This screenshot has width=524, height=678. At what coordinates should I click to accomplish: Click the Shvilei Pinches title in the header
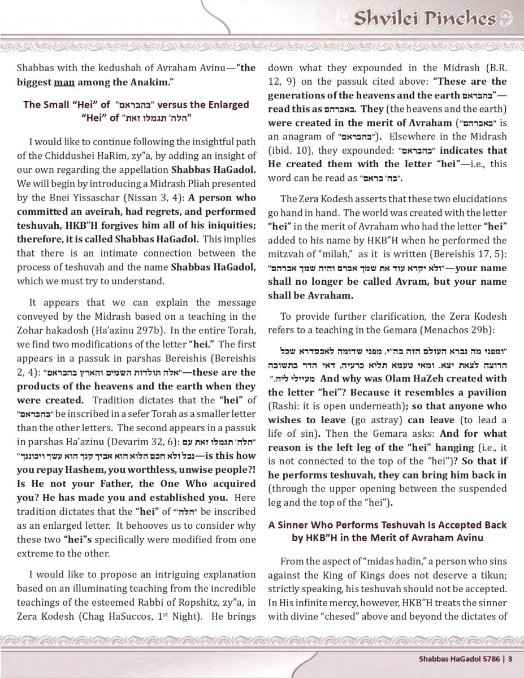click(424, 19)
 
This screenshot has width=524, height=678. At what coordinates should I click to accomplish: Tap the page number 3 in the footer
click(510, 658)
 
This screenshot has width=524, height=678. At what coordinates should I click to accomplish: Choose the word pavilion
click(486, 392)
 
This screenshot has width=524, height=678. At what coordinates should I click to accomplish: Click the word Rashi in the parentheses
click(284, 406)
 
